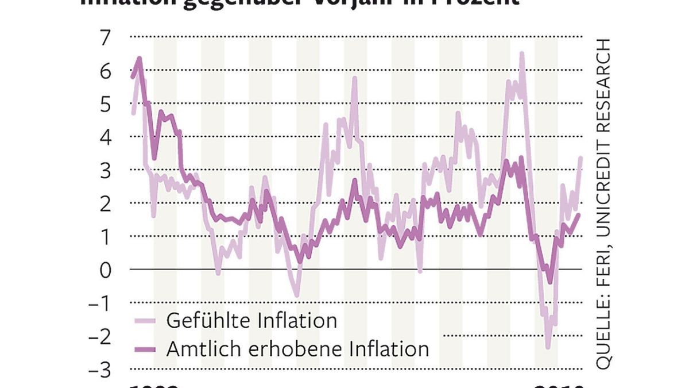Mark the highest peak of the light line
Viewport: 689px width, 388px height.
click(521, 53)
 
